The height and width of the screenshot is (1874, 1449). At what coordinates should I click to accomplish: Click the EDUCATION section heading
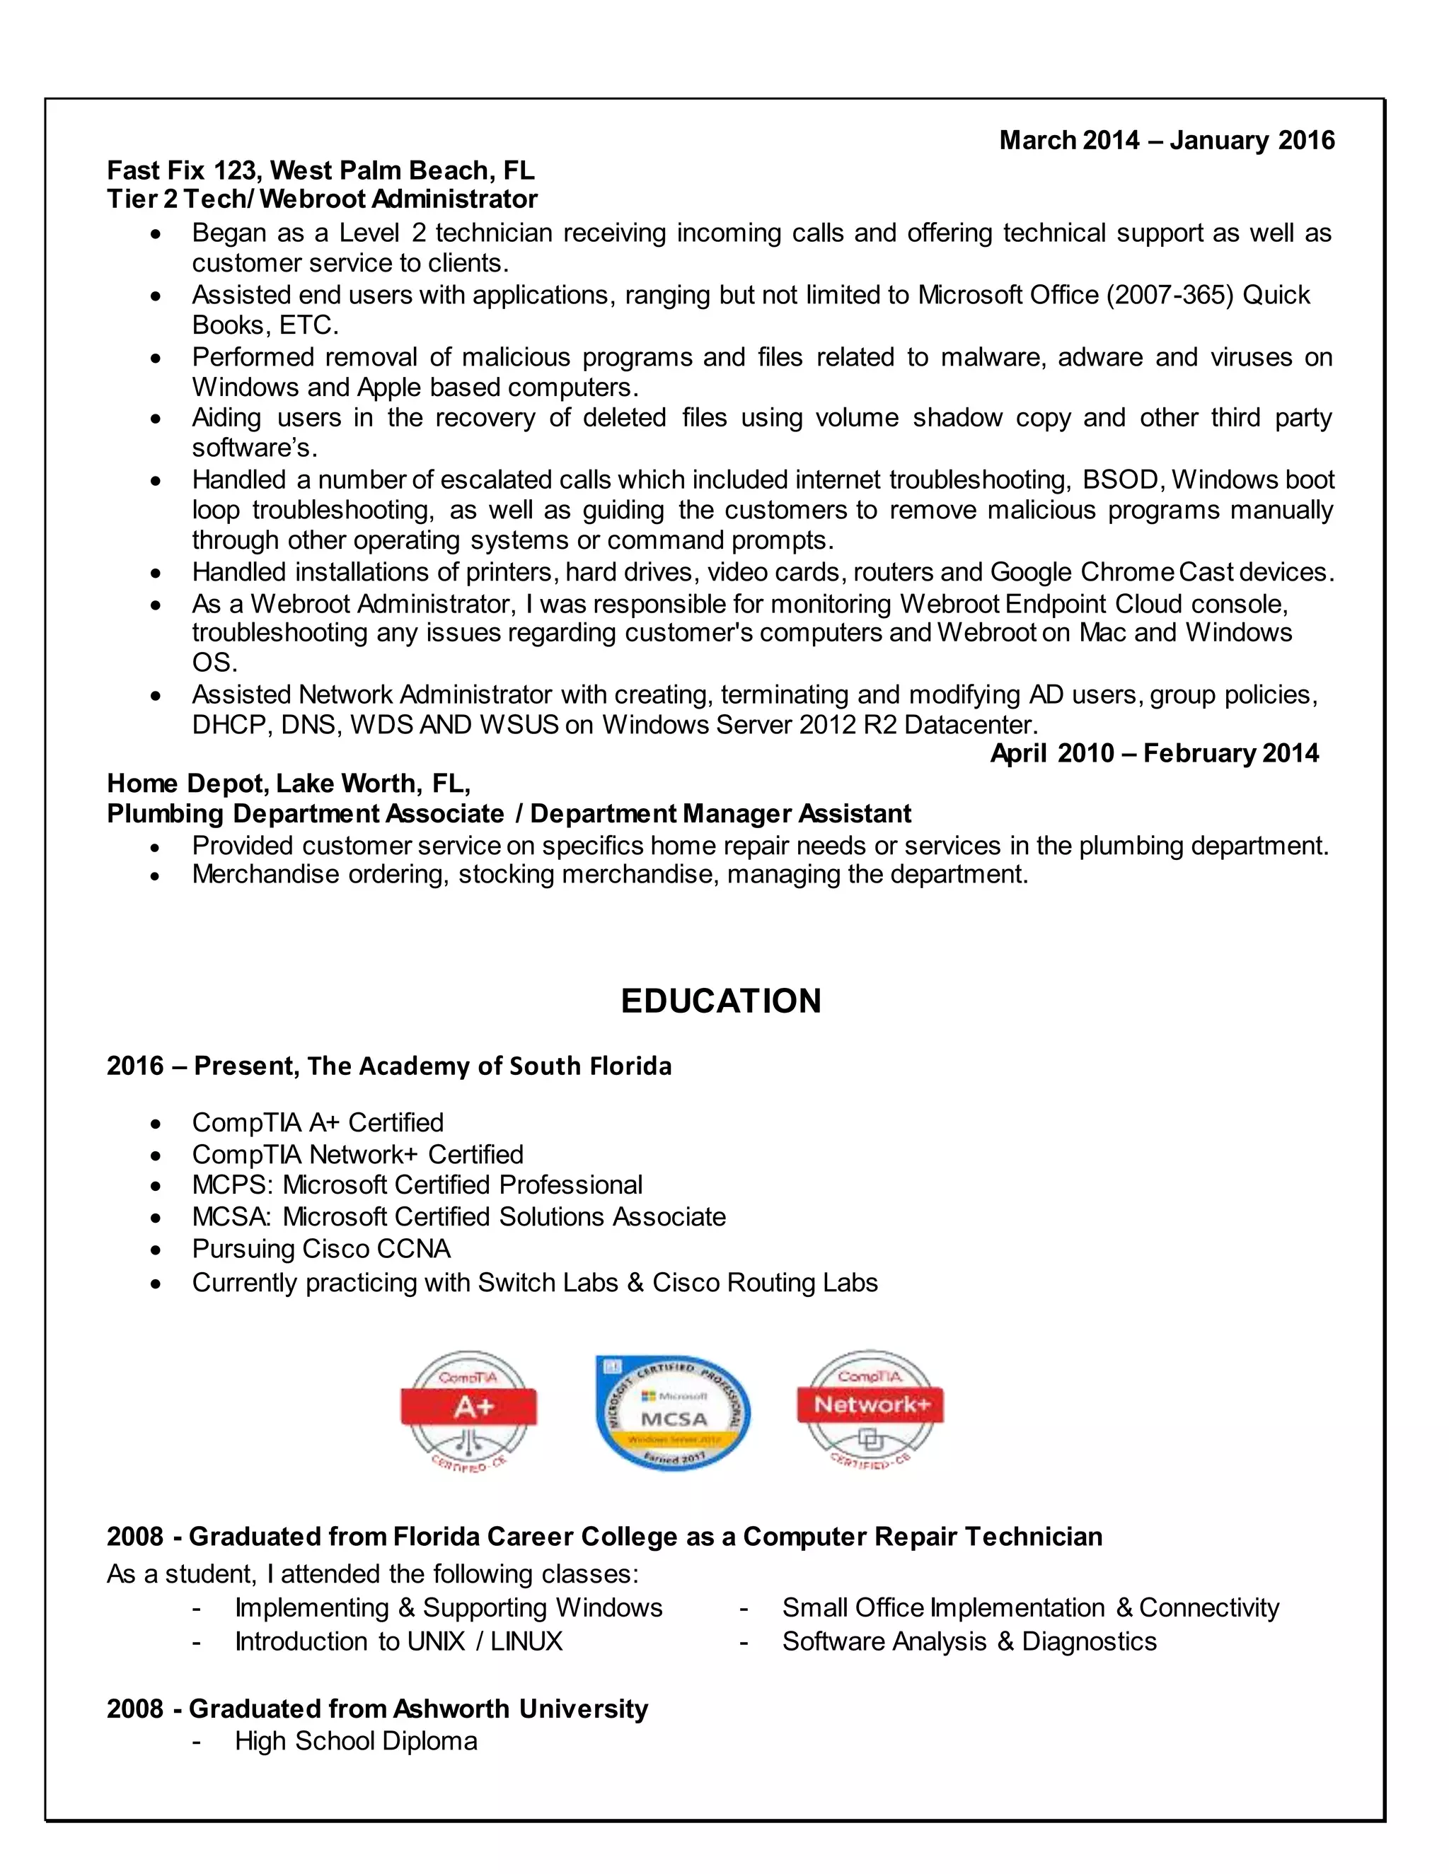(720, 1001)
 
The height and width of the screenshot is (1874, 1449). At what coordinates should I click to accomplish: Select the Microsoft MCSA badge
(674, 1413)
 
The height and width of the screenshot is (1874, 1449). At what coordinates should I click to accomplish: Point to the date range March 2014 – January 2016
(1167, 140)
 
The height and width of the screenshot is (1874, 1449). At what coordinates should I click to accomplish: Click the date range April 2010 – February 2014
(1154, 753)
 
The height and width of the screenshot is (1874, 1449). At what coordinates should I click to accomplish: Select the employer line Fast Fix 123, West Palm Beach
(321, 170)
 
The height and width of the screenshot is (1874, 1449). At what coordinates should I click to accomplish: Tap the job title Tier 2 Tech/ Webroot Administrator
(322, 199)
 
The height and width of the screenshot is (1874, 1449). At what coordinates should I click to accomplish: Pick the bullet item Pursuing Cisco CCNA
(321, 1248)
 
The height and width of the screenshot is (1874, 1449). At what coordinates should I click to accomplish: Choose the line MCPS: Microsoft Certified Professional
(417, 1185)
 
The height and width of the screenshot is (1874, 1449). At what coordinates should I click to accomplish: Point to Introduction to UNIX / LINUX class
(398, 1641)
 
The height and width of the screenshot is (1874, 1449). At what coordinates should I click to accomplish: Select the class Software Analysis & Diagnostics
(969, 1641)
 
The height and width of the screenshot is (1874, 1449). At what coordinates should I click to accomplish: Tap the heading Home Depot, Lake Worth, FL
(289, 784)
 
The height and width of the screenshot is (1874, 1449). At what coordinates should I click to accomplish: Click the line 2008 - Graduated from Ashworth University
(377, 1709)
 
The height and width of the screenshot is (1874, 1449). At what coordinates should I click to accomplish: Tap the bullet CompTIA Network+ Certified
(357, 1154)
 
